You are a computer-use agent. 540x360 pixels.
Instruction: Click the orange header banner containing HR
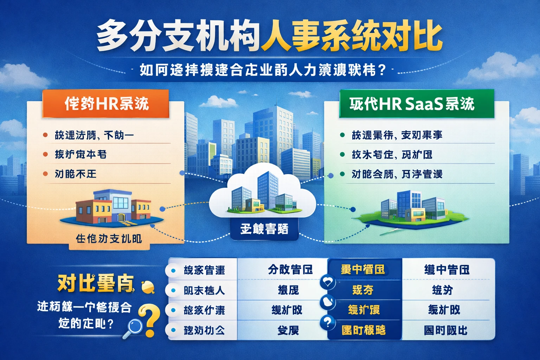[105, 104]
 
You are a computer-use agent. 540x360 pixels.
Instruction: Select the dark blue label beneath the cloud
[264, 229]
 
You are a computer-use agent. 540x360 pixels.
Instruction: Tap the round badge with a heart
[328, 281]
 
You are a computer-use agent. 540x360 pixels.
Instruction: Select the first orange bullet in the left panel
[45, 135]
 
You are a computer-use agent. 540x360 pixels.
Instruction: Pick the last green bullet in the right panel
[342, 174]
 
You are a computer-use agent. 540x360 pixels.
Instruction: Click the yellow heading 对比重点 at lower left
[96, 283]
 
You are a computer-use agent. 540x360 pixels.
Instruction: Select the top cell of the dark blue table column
[364, 270]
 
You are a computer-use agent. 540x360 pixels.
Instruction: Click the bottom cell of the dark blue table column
[364, 330]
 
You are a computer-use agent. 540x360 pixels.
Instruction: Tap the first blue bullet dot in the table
[173, 270]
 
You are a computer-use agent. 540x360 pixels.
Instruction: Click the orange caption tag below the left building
[109, 239]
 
